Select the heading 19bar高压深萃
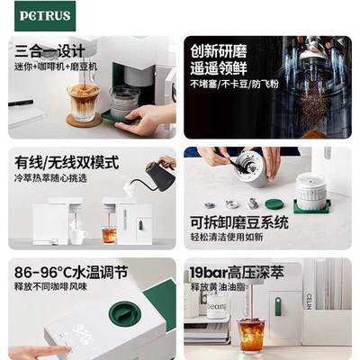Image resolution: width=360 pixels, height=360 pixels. pyautogui.click(x=241, y=271)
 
